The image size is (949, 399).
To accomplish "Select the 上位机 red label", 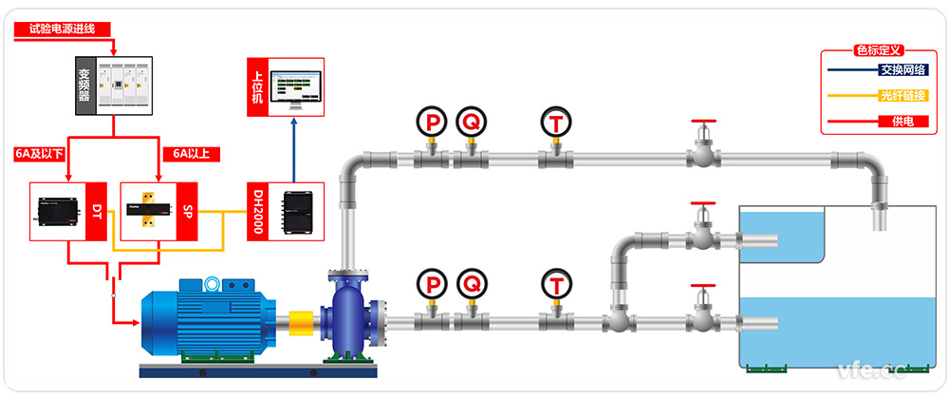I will tap(258, 87).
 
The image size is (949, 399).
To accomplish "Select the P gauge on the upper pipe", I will tap(431, 121).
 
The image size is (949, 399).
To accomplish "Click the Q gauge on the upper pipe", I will tap(469, 121).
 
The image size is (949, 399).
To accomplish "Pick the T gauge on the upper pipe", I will tap(554, 121).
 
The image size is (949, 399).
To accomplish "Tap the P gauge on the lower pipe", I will tap(432, 282).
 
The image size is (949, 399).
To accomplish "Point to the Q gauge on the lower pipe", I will tap(469, 282).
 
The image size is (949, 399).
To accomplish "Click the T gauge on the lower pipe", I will tap(554, 282).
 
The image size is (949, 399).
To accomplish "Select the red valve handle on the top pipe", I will tap(703, 122).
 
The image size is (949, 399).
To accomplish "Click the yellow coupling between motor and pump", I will tap(302, 320).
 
